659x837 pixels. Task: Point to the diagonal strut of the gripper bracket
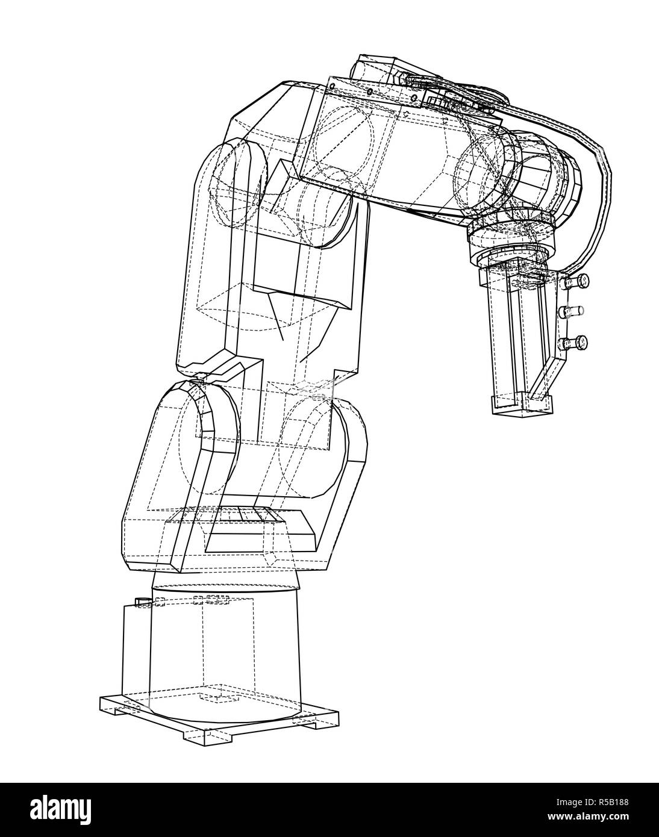[545, 373]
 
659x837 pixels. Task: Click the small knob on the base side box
[143, 602]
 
